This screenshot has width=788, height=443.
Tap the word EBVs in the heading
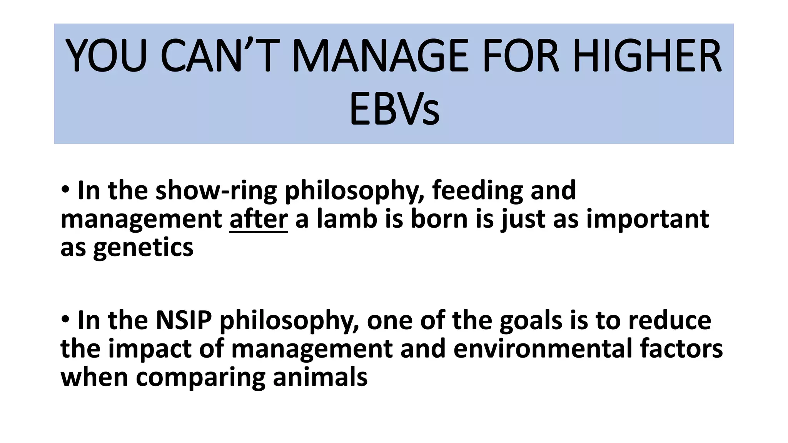tap(394, 110)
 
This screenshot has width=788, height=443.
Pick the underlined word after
tap(259, 219)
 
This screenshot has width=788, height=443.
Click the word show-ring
tap(216, 191)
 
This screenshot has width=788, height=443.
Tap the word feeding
tap(477, 191)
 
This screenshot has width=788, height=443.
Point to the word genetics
tap(143, 248)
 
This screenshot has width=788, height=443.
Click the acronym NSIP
tap(184, 320)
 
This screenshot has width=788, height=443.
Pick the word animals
tap(320, 378)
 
